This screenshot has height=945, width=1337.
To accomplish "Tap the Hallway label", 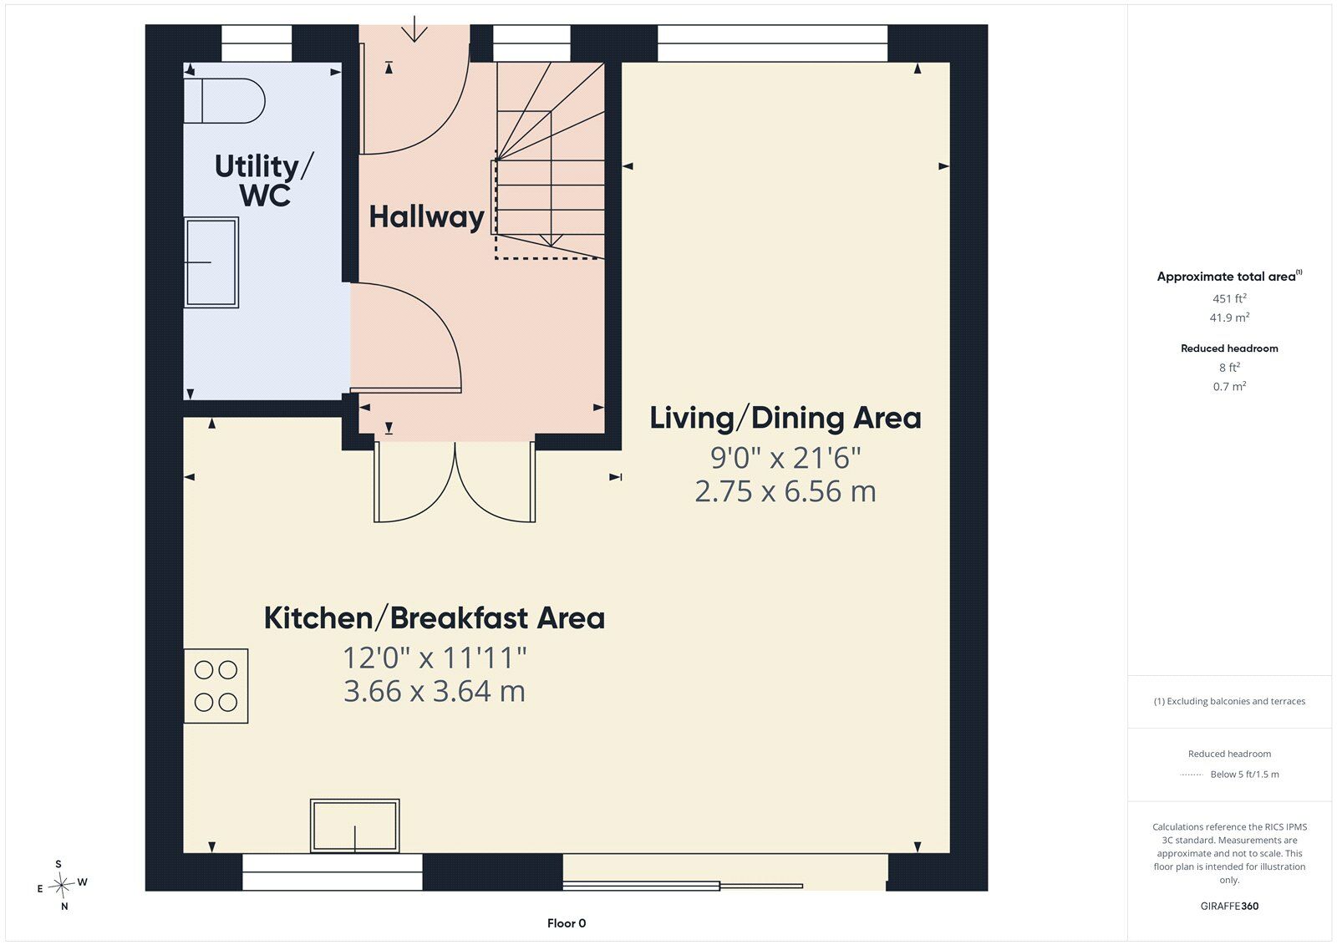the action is [x=426, y=216].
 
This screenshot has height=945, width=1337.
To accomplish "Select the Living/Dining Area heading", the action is [x=785, y=418].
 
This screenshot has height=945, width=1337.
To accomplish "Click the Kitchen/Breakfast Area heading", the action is [x=435, y=617].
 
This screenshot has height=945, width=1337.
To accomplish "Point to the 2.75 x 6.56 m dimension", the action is [x=785, y=491].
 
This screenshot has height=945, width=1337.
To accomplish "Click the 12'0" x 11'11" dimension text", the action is [x=435, y=658].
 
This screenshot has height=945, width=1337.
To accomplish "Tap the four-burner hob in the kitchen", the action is [x=216, y=686].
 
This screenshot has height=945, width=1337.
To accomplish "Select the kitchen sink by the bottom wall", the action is [x=354, y=826].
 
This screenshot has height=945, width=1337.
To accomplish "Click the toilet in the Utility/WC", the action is [x=224, y=100].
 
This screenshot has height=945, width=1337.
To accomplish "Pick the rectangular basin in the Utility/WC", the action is [x=211, y=262].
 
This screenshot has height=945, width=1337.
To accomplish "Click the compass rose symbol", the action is [x=61, y=884].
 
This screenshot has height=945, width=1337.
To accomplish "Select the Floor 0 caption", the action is [x=567, y=923].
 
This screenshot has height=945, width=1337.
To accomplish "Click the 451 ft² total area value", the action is [x=1229, y=298].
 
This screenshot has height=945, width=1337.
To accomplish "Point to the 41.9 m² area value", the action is [x=1229, y=317].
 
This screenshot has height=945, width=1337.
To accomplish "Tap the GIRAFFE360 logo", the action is [x=1229, y=906].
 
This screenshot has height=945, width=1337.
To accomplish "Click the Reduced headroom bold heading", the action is [x=1229, y=348].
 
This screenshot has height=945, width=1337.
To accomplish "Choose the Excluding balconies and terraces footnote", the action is [x=1229, y=701].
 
